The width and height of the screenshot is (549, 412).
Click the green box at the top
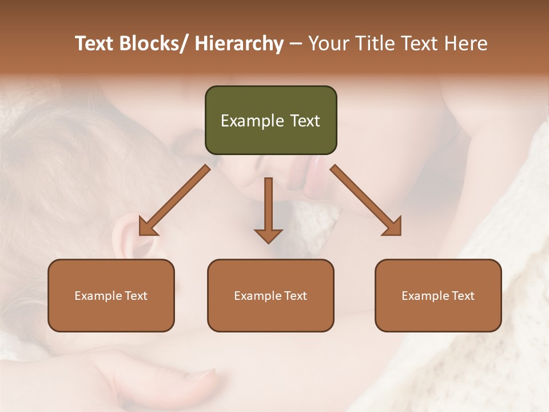(270, 120)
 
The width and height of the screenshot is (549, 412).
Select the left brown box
(111, 295)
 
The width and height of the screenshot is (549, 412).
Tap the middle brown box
(270, 295)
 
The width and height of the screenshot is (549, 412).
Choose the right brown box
(438, 295)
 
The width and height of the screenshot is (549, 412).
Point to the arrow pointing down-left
(174, 200)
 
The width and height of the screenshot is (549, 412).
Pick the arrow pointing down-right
(366, 200)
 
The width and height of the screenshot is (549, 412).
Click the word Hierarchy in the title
(239, 43)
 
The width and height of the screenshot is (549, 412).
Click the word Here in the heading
(465, 43)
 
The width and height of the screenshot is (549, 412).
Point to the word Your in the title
(329, 43)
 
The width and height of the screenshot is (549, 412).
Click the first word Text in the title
(96, 43)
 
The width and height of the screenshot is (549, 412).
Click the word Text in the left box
(135, 296)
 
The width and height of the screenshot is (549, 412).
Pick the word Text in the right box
(462, 296)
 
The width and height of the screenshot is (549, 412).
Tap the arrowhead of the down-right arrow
(393, 227)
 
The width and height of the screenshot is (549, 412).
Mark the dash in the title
(296, 43)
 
